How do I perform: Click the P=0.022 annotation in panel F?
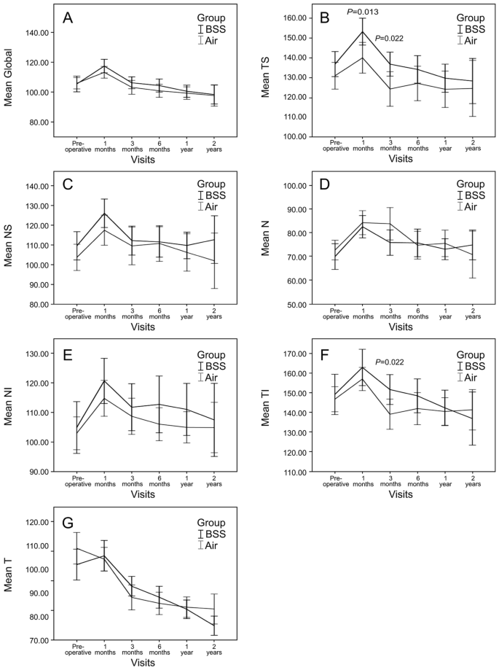390,362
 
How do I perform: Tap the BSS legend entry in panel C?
214,196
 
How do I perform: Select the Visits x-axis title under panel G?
144,663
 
